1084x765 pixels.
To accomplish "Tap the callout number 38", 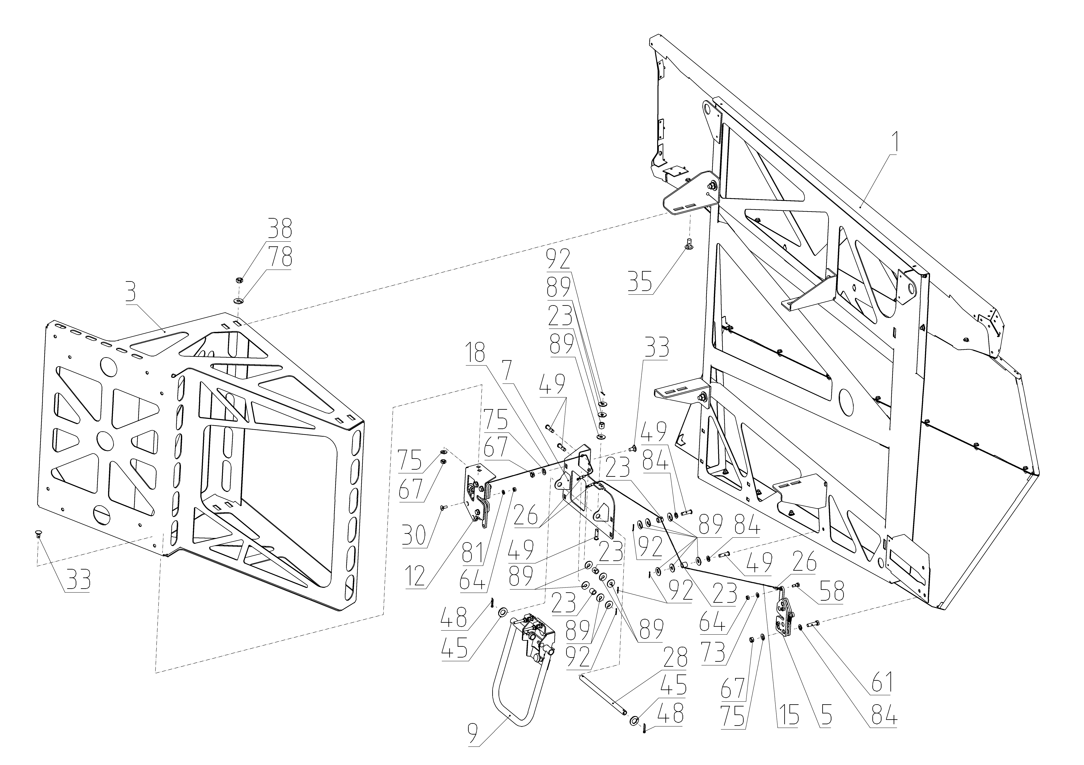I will coord(280,229).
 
